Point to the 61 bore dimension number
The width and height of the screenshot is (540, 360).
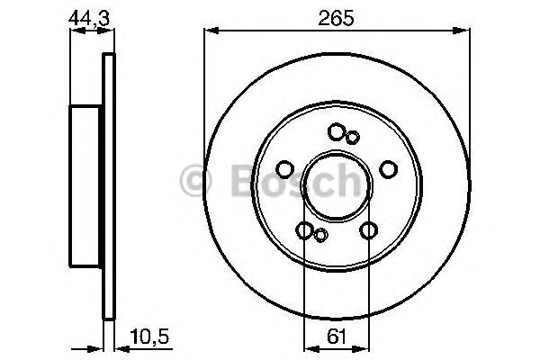[x=335, y=340]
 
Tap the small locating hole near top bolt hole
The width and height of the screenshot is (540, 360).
[x=353, y=137]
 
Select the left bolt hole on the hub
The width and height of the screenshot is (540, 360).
[x=283, y=169]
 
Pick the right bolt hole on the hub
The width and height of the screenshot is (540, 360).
[x=389, y=169]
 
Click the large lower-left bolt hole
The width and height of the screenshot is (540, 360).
[x=305, y=230]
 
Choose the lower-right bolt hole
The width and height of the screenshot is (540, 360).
[x=367, y=230]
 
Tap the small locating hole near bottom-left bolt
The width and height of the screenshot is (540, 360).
[x=320, y=236]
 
